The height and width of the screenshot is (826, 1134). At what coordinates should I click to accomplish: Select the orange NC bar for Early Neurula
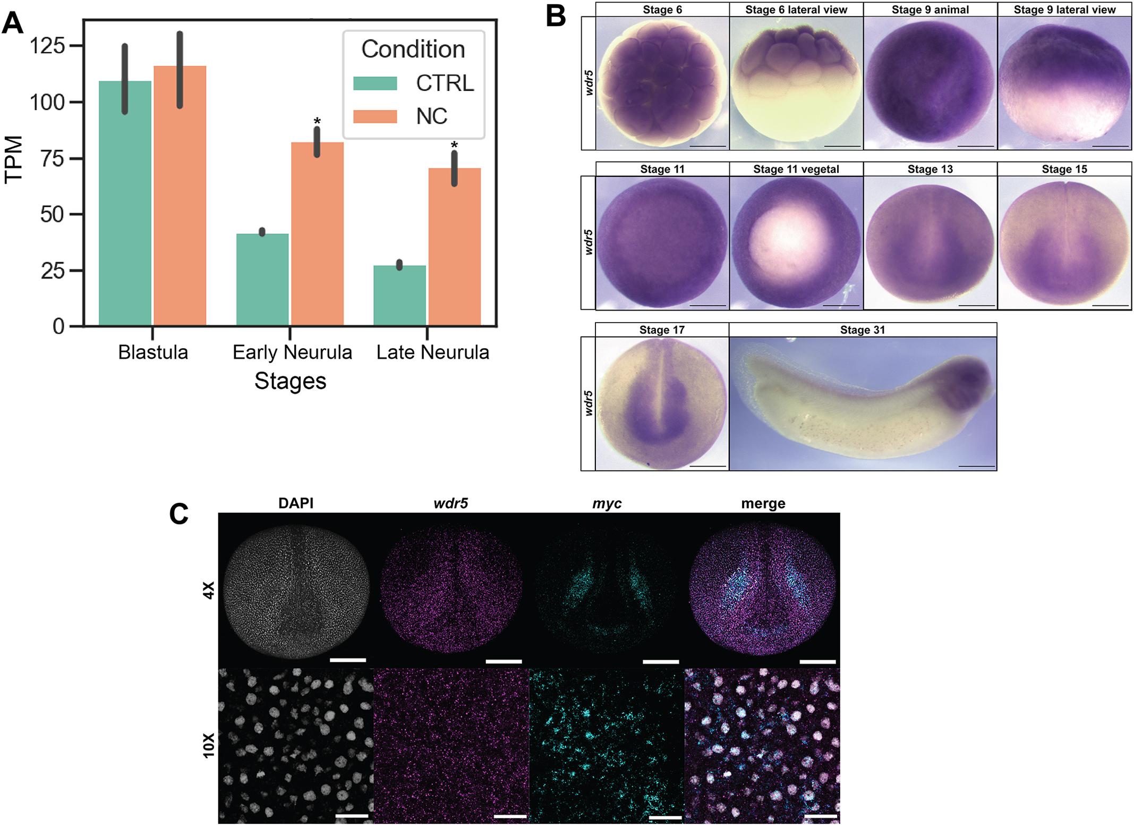pyautogui.click(x=317, y=234)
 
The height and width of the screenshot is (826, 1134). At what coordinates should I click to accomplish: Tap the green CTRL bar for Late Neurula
pyautogui.click(x=399, y=295)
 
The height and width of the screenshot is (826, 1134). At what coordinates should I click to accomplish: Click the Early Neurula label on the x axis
pyautogui.click(x=292, y=352)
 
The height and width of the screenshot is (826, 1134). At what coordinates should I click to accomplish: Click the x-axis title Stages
pyautogui.click(x=290, y=381)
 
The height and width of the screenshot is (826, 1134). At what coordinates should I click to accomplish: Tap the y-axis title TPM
pyautogui.click(x=14, y=159)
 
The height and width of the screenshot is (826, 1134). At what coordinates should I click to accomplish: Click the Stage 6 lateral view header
pyautogui.click(x=796, y=10)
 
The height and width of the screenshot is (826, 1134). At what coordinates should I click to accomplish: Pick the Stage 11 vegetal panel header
pyautogui.click(x=796, y=170)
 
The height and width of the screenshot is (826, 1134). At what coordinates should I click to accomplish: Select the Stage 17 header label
pyautogui.click(x=662, y=330)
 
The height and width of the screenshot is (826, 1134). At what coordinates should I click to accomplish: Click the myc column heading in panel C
pyautogui.click(x=607, y=504)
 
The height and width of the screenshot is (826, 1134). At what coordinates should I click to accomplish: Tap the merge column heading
pyautogui.click(x=763, y=504)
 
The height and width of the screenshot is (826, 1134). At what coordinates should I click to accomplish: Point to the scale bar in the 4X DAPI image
pyautogui.click(x=348, y=660)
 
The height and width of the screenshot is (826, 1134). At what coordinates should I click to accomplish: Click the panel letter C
pyautogui.click(x=179, y=514)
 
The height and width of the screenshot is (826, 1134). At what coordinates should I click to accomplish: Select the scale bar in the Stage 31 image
pyautogui.click(x=977, y=466)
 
